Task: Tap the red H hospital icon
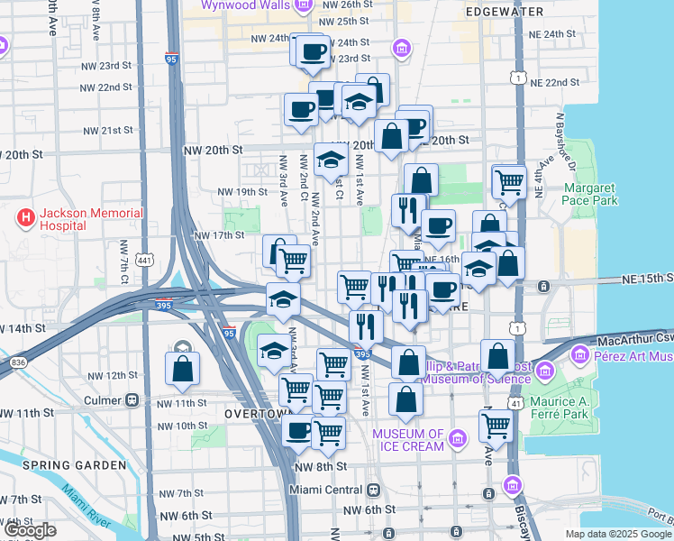click(25, 219)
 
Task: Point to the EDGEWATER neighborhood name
click(505, 12)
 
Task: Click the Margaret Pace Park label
click(590, 194)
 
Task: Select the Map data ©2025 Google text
click(618, 534)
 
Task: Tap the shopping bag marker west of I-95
click(182, 368)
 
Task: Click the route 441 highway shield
click(143, 260)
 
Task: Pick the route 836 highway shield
click(18, 361)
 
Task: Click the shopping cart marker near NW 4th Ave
click(293, 261)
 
